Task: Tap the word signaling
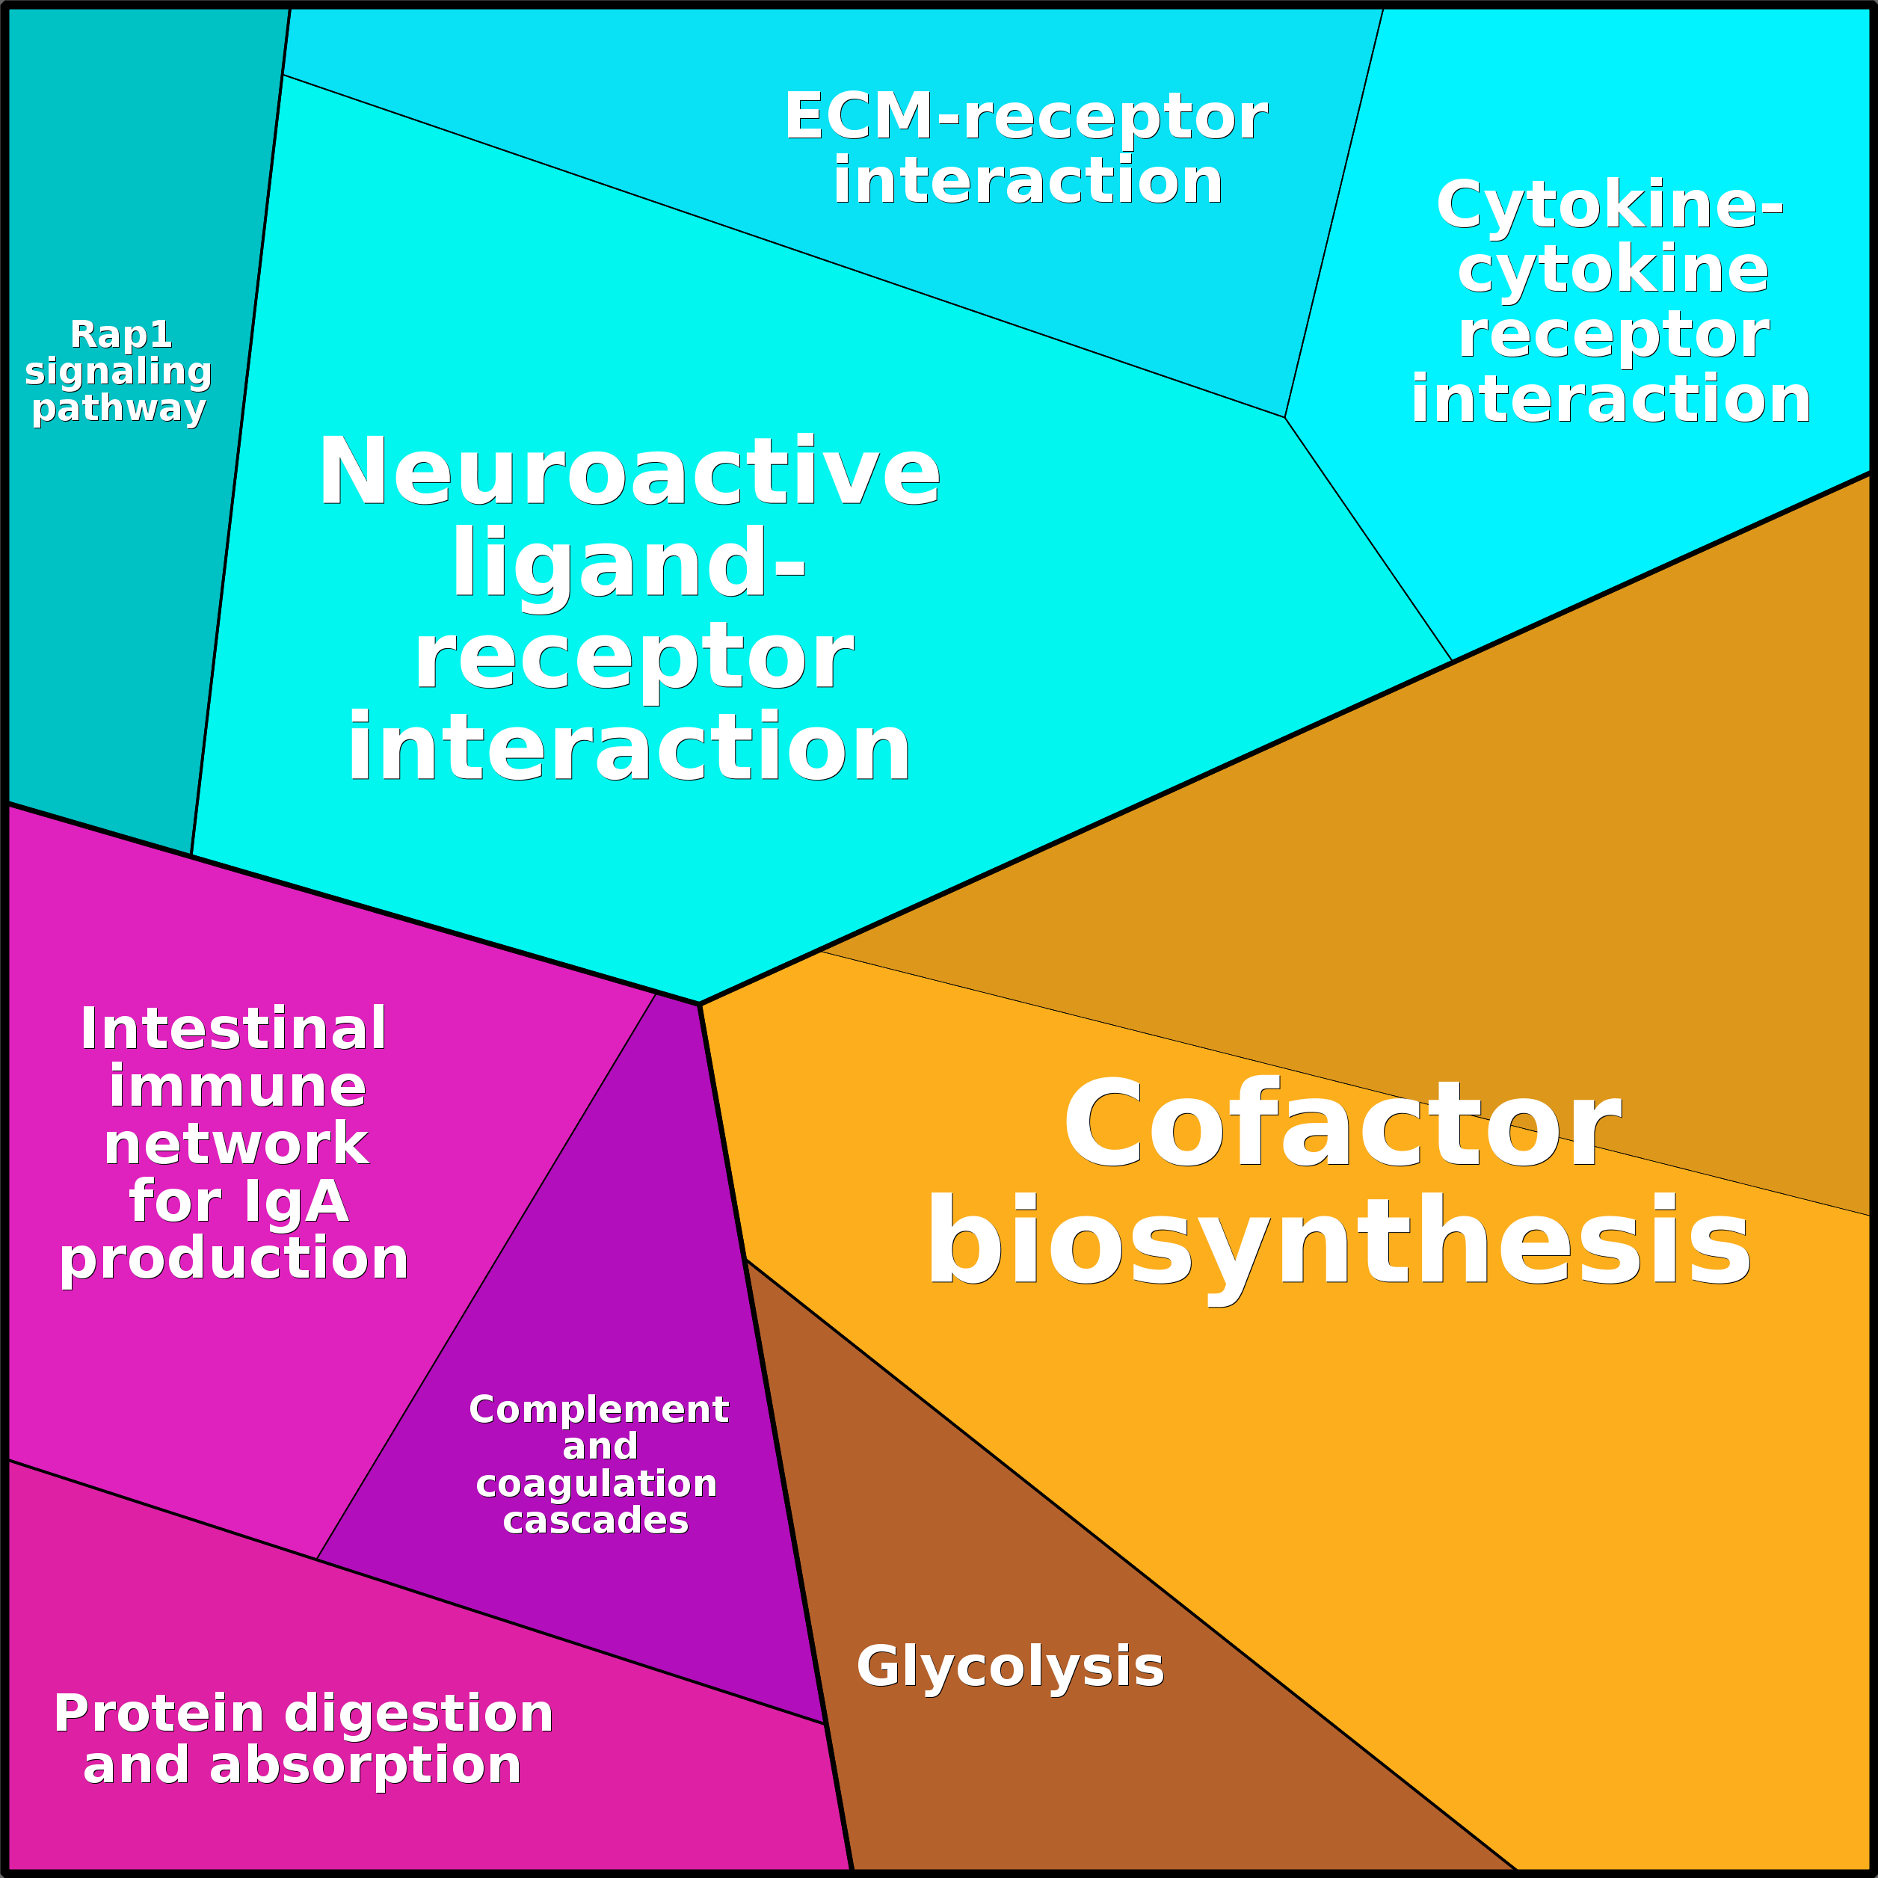(119, 372)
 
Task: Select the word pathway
(119, 408)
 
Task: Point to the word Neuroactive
(629, 472)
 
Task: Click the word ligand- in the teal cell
(628, 564)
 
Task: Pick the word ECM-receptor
(1026, 117)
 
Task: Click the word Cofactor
(1341, 1126)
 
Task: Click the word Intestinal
(233, 1029)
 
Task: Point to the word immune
(237, 1087)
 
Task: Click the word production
(233, 1259)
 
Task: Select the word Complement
(599, 1409)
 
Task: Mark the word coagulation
(596, 1483)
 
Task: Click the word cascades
(596, 1521)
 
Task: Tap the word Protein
(158, 1713)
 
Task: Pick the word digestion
(419, 1713)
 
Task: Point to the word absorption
(366, 1764)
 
